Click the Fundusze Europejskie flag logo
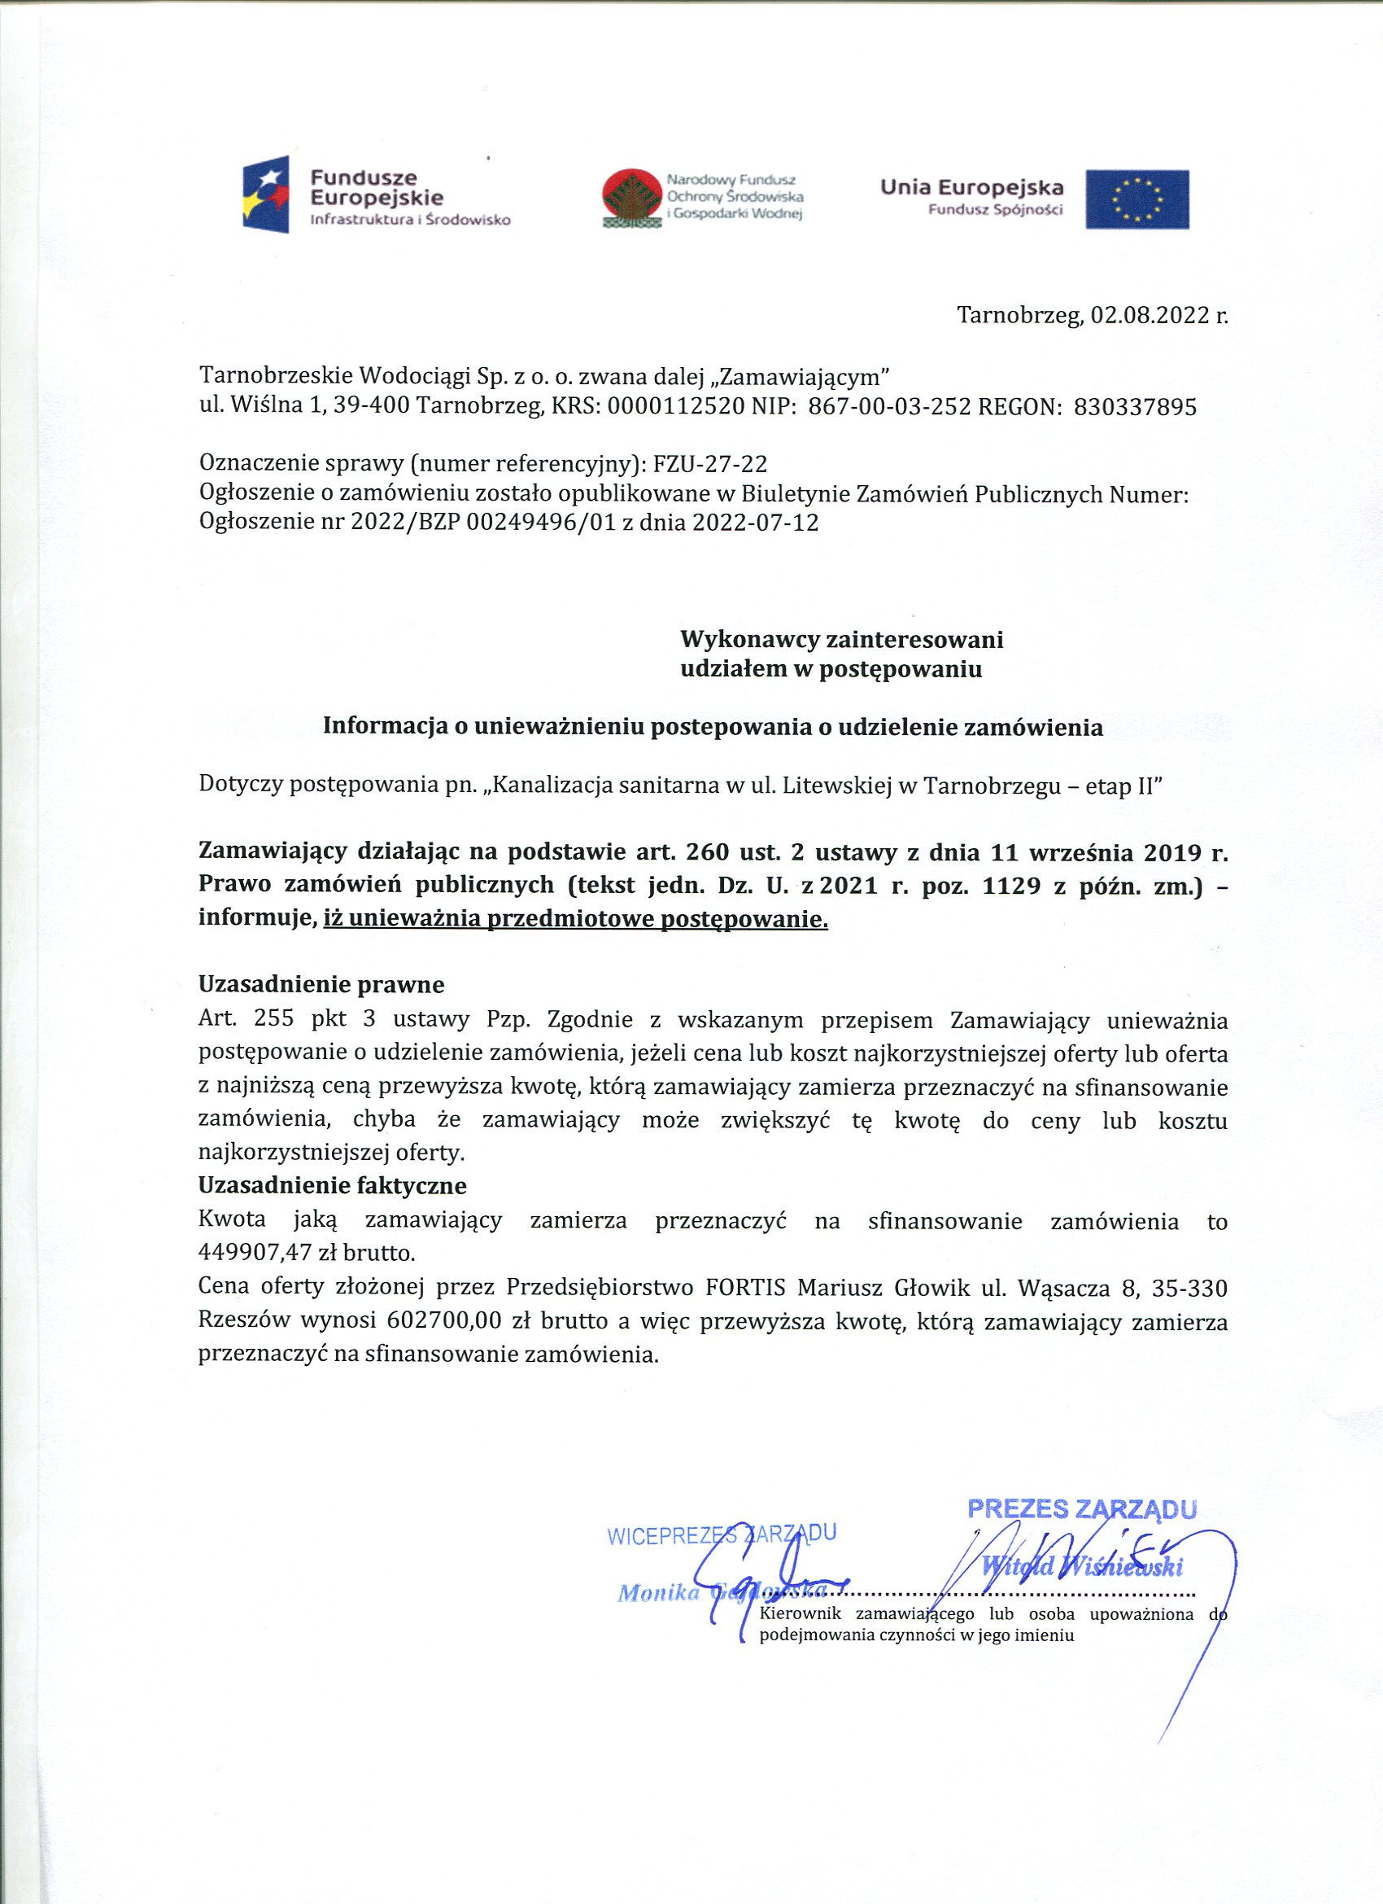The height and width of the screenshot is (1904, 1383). pos(266,194)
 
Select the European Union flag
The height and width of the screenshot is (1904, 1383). pos(1137,199)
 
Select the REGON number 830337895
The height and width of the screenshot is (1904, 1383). pos(1136,407)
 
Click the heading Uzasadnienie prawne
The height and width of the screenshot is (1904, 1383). pos(321,983)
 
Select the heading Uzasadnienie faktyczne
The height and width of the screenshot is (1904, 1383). pos(332,1185)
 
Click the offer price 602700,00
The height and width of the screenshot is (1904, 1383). pos(445,1320)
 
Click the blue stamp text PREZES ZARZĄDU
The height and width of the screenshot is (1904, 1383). pos(1082,1508)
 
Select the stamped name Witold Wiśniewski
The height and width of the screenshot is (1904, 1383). pos(1083,1565)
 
